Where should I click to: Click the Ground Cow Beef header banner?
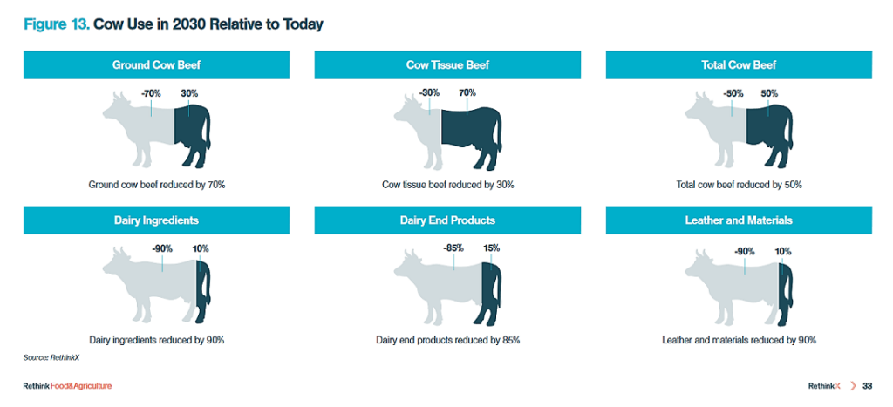(x=156, y=64)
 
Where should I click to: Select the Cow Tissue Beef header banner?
(x=447, y=64)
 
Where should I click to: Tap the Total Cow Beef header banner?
(x=739, y=64)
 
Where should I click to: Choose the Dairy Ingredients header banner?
(x=156, y=220)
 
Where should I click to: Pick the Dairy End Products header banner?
(x=447, y=220)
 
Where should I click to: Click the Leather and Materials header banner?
(x=739, y=220)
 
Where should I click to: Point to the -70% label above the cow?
(x=151, y=93)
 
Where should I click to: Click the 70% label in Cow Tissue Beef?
(x=467, y=92)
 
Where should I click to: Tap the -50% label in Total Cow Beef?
(x=733, y=93)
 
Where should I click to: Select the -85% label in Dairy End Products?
(x=453, y=248)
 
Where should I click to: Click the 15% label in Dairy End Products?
(x=492, y=248)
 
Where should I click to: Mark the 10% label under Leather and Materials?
(x=782, y=252)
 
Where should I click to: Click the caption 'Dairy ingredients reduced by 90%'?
(x=157, y=341)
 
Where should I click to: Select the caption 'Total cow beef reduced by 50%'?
(x=740, y=185)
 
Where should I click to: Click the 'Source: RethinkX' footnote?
(x=47, y=358)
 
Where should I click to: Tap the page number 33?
(x=868, y=386)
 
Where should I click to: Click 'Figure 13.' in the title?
(x=56, y=25)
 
